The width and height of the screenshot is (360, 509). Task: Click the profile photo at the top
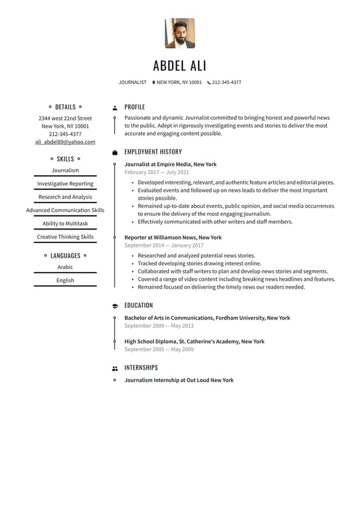tap(180, 33)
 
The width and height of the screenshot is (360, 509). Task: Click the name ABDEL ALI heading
tap(180, 66)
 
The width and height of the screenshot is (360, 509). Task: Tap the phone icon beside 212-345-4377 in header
tap(209, 82)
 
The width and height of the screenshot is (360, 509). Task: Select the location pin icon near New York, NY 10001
tap(153, 82)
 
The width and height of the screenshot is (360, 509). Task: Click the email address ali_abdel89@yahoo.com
tap(65, 142)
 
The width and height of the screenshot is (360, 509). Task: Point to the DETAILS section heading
tap(65, 107)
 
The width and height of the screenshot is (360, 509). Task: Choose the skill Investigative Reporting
tap(65, 184)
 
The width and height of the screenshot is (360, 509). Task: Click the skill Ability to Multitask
tap(65, 223)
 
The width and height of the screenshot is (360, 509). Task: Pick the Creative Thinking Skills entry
tap(65, 237)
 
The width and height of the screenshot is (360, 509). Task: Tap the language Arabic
tap(65, 267)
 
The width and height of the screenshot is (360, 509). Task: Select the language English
tap(65, 280)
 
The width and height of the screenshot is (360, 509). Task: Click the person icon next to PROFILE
tap(115, 107)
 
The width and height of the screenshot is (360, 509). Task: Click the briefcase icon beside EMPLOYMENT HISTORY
tap(115, 152)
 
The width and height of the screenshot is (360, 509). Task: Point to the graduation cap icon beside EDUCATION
tap(115, 306)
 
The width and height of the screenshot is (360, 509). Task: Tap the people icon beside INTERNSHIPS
tap(115, 368)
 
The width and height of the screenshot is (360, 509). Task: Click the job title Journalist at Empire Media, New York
tap(171, 165)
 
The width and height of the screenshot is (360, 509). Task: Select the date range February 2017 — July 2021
tap(157, 173)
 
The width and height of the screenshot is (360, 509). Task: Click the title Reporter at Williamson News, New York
tap(173, 238)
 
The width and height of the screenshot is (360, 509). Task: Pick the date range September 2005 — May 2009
tap(159, 349)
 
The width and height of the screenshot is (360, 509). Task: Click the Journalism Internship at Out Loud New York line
tap(179, 381)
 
